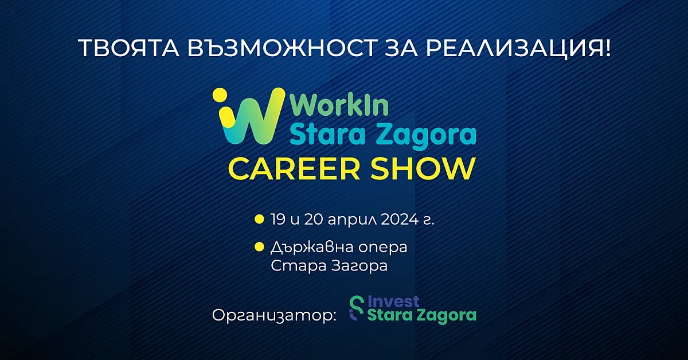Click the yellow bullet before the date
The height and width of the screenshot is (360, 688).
(259, 220)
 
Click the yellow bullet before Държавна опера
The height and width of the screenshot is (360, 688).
(259, 248)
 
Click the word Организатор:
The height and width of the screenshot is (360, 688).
(273, 316)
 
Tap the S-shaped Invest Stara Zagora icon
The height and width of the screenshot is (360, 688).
(357, 308)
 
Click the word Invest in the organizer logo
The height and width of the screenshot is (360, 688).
(393, 302)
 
